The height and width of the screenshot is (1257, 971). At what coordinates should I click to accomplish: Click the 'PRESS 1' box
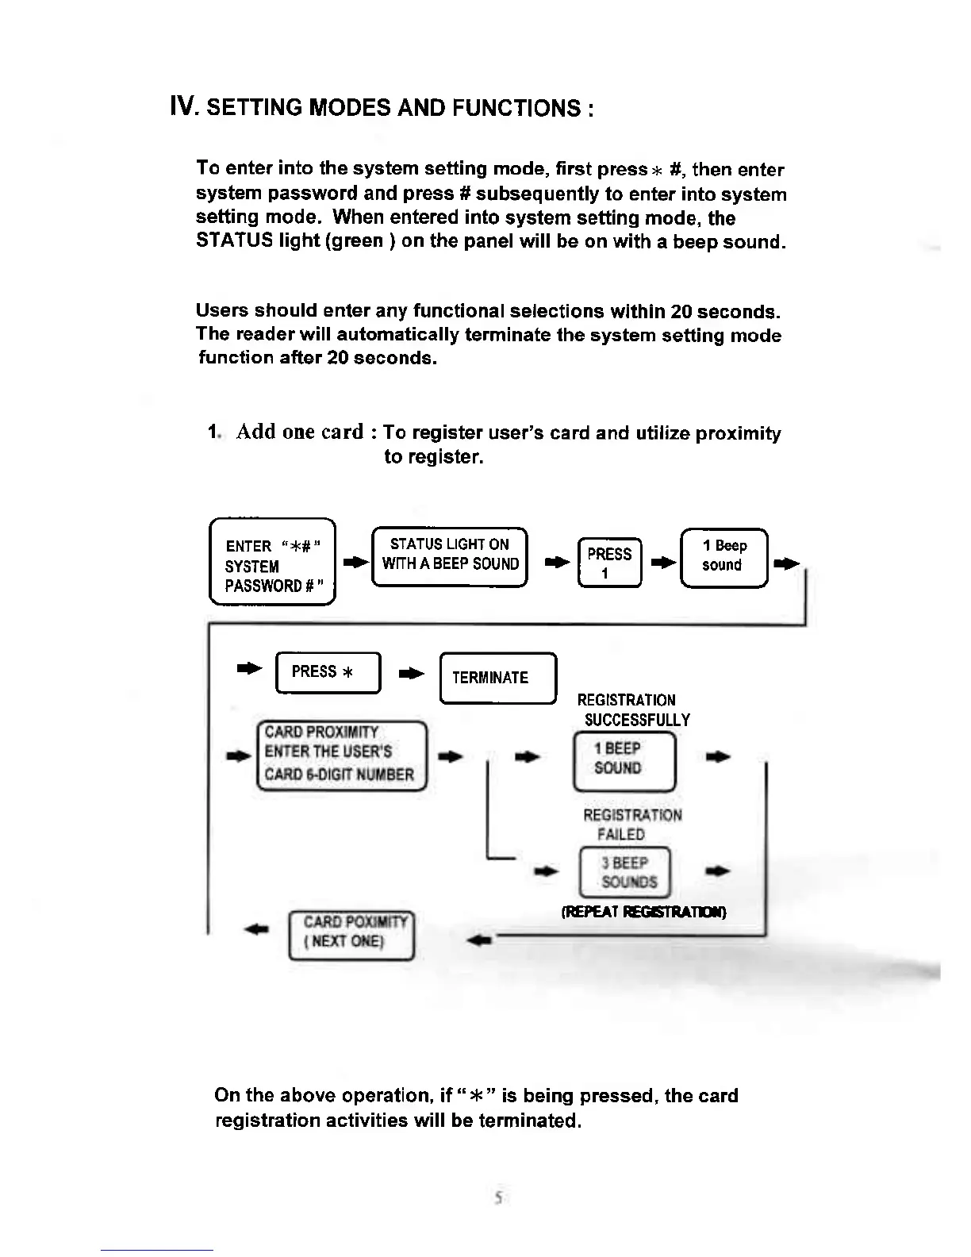pyautogui.click(x=609, y=563)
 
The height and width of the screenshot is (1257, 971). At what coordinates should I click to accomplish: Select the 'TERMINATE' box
pyautogui.click(x=497, y=678)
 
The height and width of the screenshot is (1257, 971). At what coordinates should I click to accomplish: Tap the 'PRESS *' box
pyautogui.click(x=327, y=672)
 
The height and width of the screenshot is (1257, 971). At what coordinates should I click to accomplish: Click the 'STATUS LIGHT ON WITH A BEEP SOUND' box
pyautogui.click(x=450, y=555)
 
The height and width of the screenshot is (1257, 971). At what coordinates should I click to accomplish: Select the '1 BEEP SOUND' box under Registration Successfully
pyautogui.click(x=624, y=759)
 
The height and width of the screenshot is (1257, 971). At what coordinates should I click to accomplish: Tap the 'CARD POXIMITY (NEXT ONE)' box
pyautogui.click(x=352, y=933)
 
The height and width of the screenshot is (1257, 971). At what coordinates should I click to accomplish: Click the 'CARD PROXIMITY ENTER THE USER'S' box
pyautogui.click(x=341, y=754)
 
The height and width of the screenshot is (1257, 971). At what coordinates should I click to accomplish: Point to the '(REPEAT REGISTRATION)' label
pyautogui.click(x=643, y=912)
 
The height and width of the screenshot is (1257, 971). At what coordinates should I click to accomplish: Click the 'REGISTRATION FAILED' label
pyautogui.click(x=631, y=825)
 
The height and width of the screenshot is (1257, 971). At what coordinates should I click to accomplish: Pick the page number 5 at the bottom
pyautogui.click(x=497, y=1199)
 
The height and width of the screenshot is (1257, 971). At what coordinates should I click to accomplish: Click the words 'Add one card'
pyautogui.click(x=300, y=432)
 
